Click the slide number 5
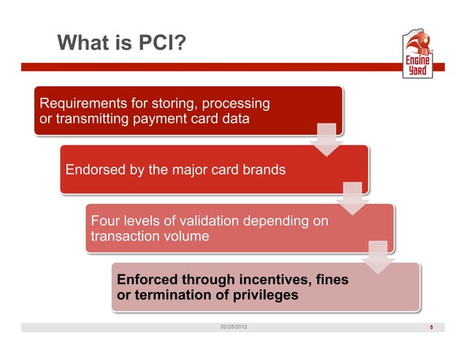point(432,326)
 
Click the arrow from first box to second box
point(326,139)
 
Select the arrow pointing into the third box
point(352,197)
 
